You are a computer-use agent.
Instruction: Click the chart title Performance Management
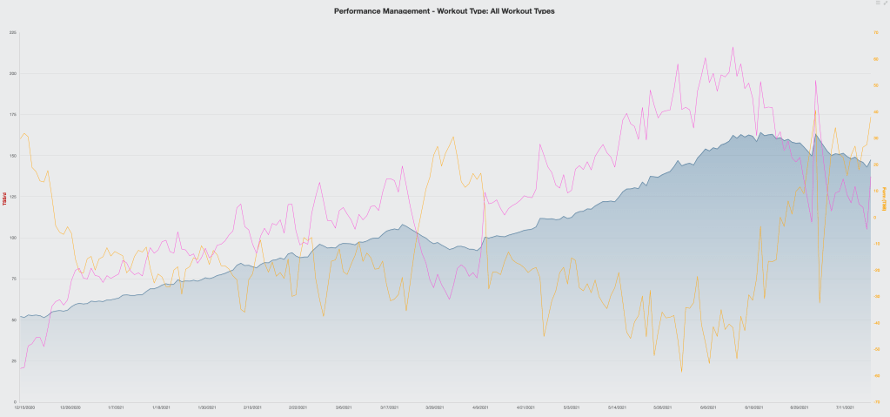pos(444,11)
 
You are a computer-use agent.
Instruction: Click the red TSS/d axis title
pos(4,198)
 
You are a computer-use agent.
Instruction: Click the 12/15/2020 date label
pos(24,407)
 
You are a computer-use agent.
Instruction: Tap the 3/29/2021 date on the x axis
pos(434,407)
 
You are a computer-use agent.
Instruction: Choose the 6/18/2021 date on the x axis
pos(753,407)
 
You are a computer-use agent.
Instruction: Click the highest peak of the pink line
pos(733,47)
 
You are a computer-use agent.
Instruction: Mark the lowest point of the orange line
pos(682,372)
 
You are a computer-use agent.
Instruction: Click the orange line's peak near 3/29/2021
pos(452,137)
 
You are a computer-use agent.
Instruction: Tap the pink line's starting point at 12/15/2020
pos(19,368)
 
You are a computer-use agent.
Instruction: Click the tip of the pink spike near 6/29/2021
pos(815,80)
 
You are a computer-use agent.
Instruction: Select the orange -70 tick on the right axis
pos(877,401)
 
